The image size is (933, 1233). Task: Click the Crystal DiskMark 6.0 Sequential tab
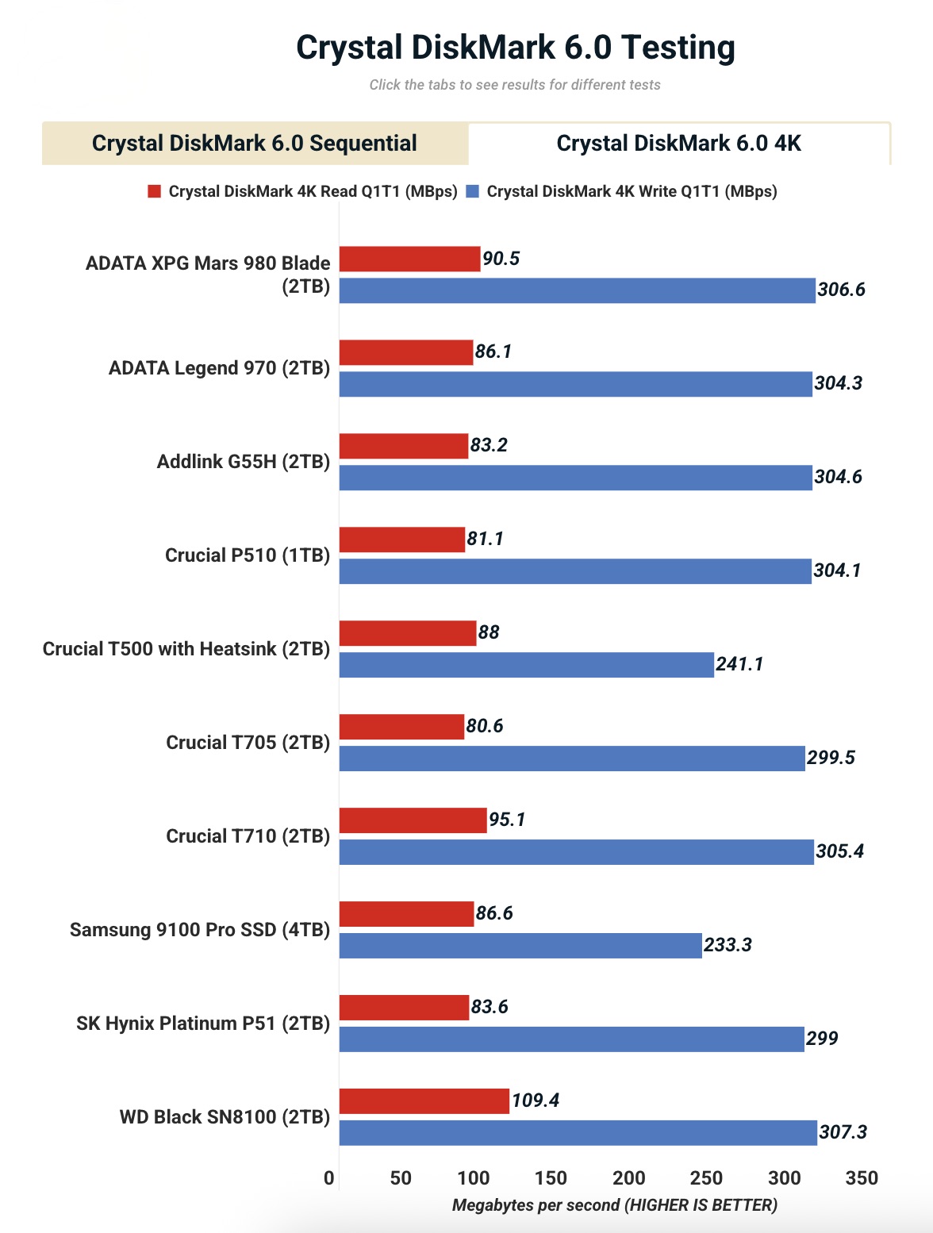(x=254, y=144)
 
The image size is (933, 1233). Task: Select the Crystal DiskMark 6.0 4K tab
(x=678, y=144)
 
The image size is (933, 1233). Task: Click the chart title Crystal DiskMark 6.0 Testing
(x=515, y=48)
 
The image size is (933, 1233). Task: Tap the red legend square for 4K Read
(x=155, y=191)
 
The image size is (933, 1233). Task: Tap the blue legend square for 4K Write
(x=473, y=191)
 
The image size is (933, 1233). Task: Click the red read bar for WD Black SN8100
(x=424, y=1101)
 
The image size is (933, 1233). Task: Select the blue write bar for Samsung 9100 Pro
(x=520, y=946)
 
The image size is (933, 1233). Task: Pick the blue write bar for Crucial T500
(x=526, y=665)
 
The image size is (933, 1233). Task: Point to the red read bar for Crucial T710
(x=413, y=820)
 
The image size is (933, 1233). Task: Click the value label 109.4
(x=536, y=1100)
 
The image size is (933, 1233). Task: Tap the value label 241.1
(x=739, y=664)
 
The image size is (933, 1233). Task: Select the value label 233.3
(x=728, y=945)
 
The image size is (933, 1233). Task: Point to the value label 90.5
(x=501, y=259)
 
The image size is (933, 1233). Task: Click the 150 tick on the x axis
(x=551, y=1178)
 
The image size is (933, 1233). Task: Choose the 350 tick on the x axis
(x=862, y=1178)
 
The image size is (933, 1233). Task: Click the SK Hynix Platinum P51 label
(x=203, y=1024)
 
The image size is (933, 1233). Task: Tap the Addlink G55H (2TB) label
(x=244, y=462)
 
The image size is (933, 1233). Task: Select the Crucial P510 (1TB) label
(x=248, y=555)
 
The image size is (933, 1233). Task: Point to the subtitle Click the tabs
(x=515, y=85)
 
